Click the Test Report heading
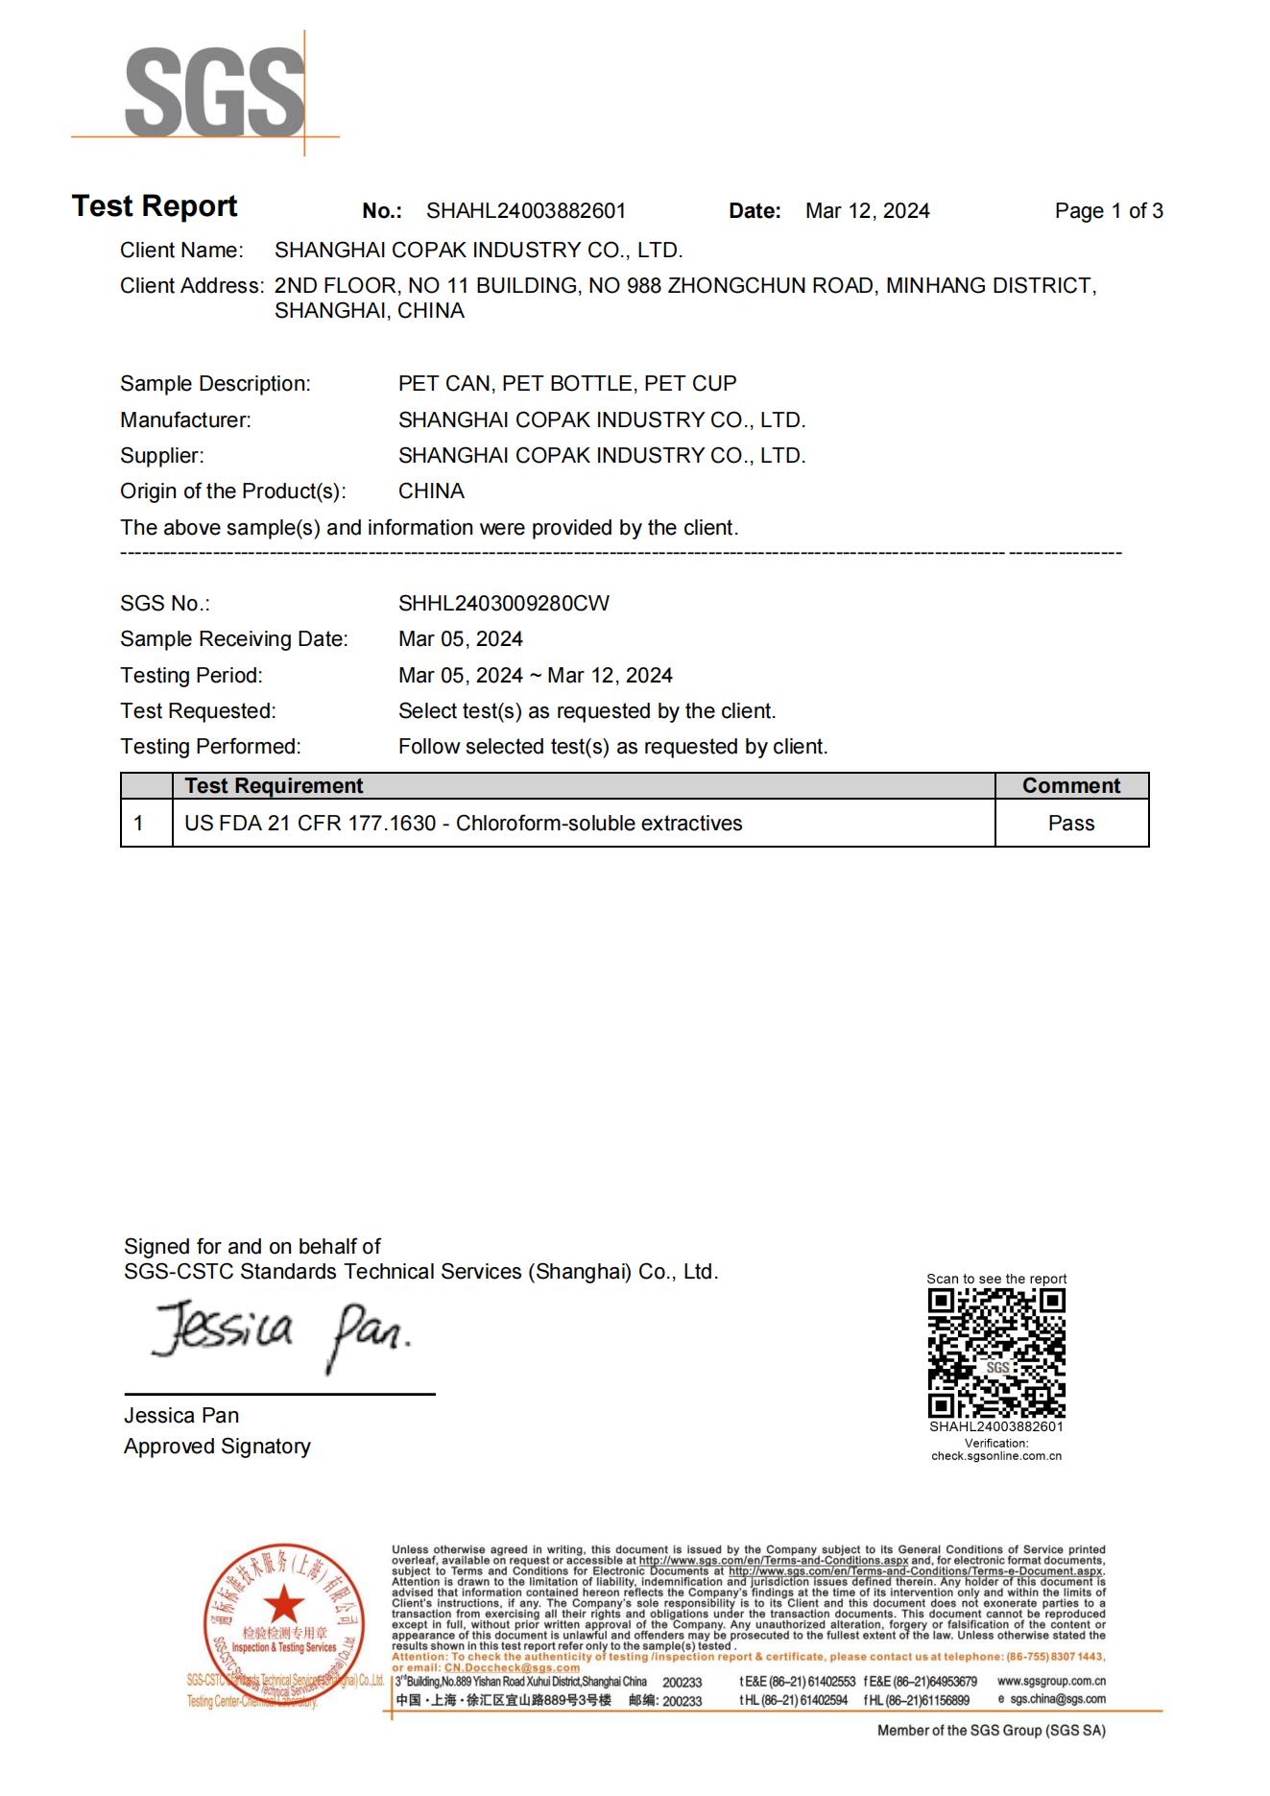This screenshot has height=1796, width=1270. tap(155, 206)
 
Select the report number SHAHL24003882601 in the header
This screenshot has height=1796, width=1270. tap(526, 211)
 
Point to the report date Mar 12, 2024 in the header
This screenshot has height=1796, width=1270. tap(867, 211)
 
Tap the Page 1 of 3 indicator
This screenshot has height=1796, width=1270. tap(1108, 211)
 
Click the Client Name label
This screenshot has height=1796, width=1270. tap(181, 251)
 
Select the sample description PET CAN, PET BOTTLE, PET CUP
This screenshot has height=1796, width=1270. tap(567, 384)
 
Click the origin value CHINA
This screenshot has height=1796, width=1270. tap(431, 491)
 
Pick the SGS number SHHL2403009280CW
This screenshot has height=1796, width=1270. tap(503, 604)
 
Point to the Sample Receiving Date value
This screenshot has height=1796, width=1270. tap(461, 639)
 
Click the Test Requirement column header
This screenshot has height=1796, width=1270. tap(274, 786)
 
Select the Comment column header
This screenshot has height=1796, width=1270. tap(1070, 786)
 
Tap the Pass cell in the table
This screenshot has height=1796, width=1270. tap(1070, 824)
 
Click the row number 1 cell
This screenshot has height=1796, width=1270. tap(139, 824)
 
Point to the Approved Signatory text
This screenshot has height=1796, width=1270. tap(217, 1447)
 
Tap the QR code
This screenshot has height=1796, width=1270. tap(996, 1353)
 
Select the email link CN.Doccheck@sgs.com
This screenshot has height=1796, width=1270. tap(512, 1667)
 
